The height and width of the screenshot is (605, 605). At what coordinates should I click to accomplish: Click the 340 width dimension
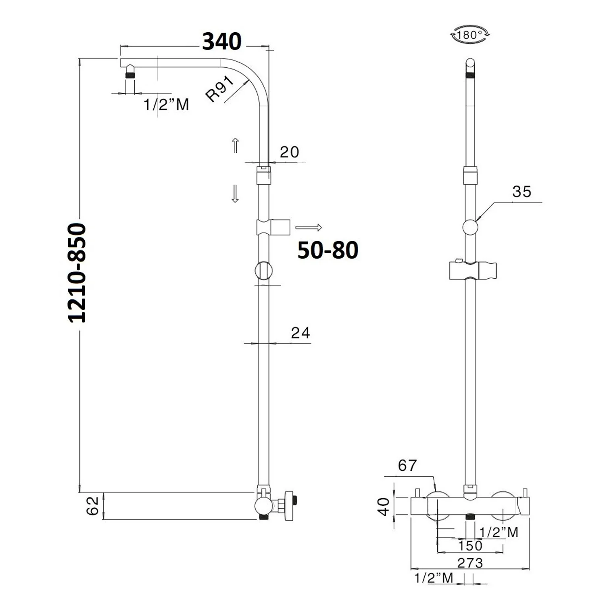[x=222, y=41]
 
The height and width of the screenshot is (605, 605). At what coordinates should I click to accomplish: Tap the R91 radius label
[x=220, y=89]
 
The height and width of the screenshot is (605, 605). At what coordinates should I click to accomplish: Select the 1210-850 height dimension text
[x=77, y=273]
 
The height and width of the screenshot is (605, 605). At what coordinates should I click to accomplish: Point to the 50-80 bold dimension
[x=328, y=250]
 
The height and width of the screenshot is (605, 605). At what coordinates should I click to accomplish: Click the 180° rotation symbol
[x=470, y=35]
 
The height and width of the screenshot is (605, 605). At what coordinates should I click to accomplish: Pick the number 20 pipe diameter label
[x=289, y=152]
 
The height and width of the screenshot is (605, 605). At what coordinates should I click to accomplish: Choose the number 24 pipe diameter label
[x=300, y=333]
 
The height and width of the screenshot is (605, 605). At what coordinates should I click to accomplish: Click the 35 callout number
[x=522, y=192]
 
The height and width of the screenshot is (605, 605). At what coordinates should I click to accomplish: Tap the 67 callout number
[x=407, y=465]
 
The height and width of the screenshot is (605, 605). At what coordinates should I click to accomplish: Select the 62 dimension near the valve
[x=93, y=505]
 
